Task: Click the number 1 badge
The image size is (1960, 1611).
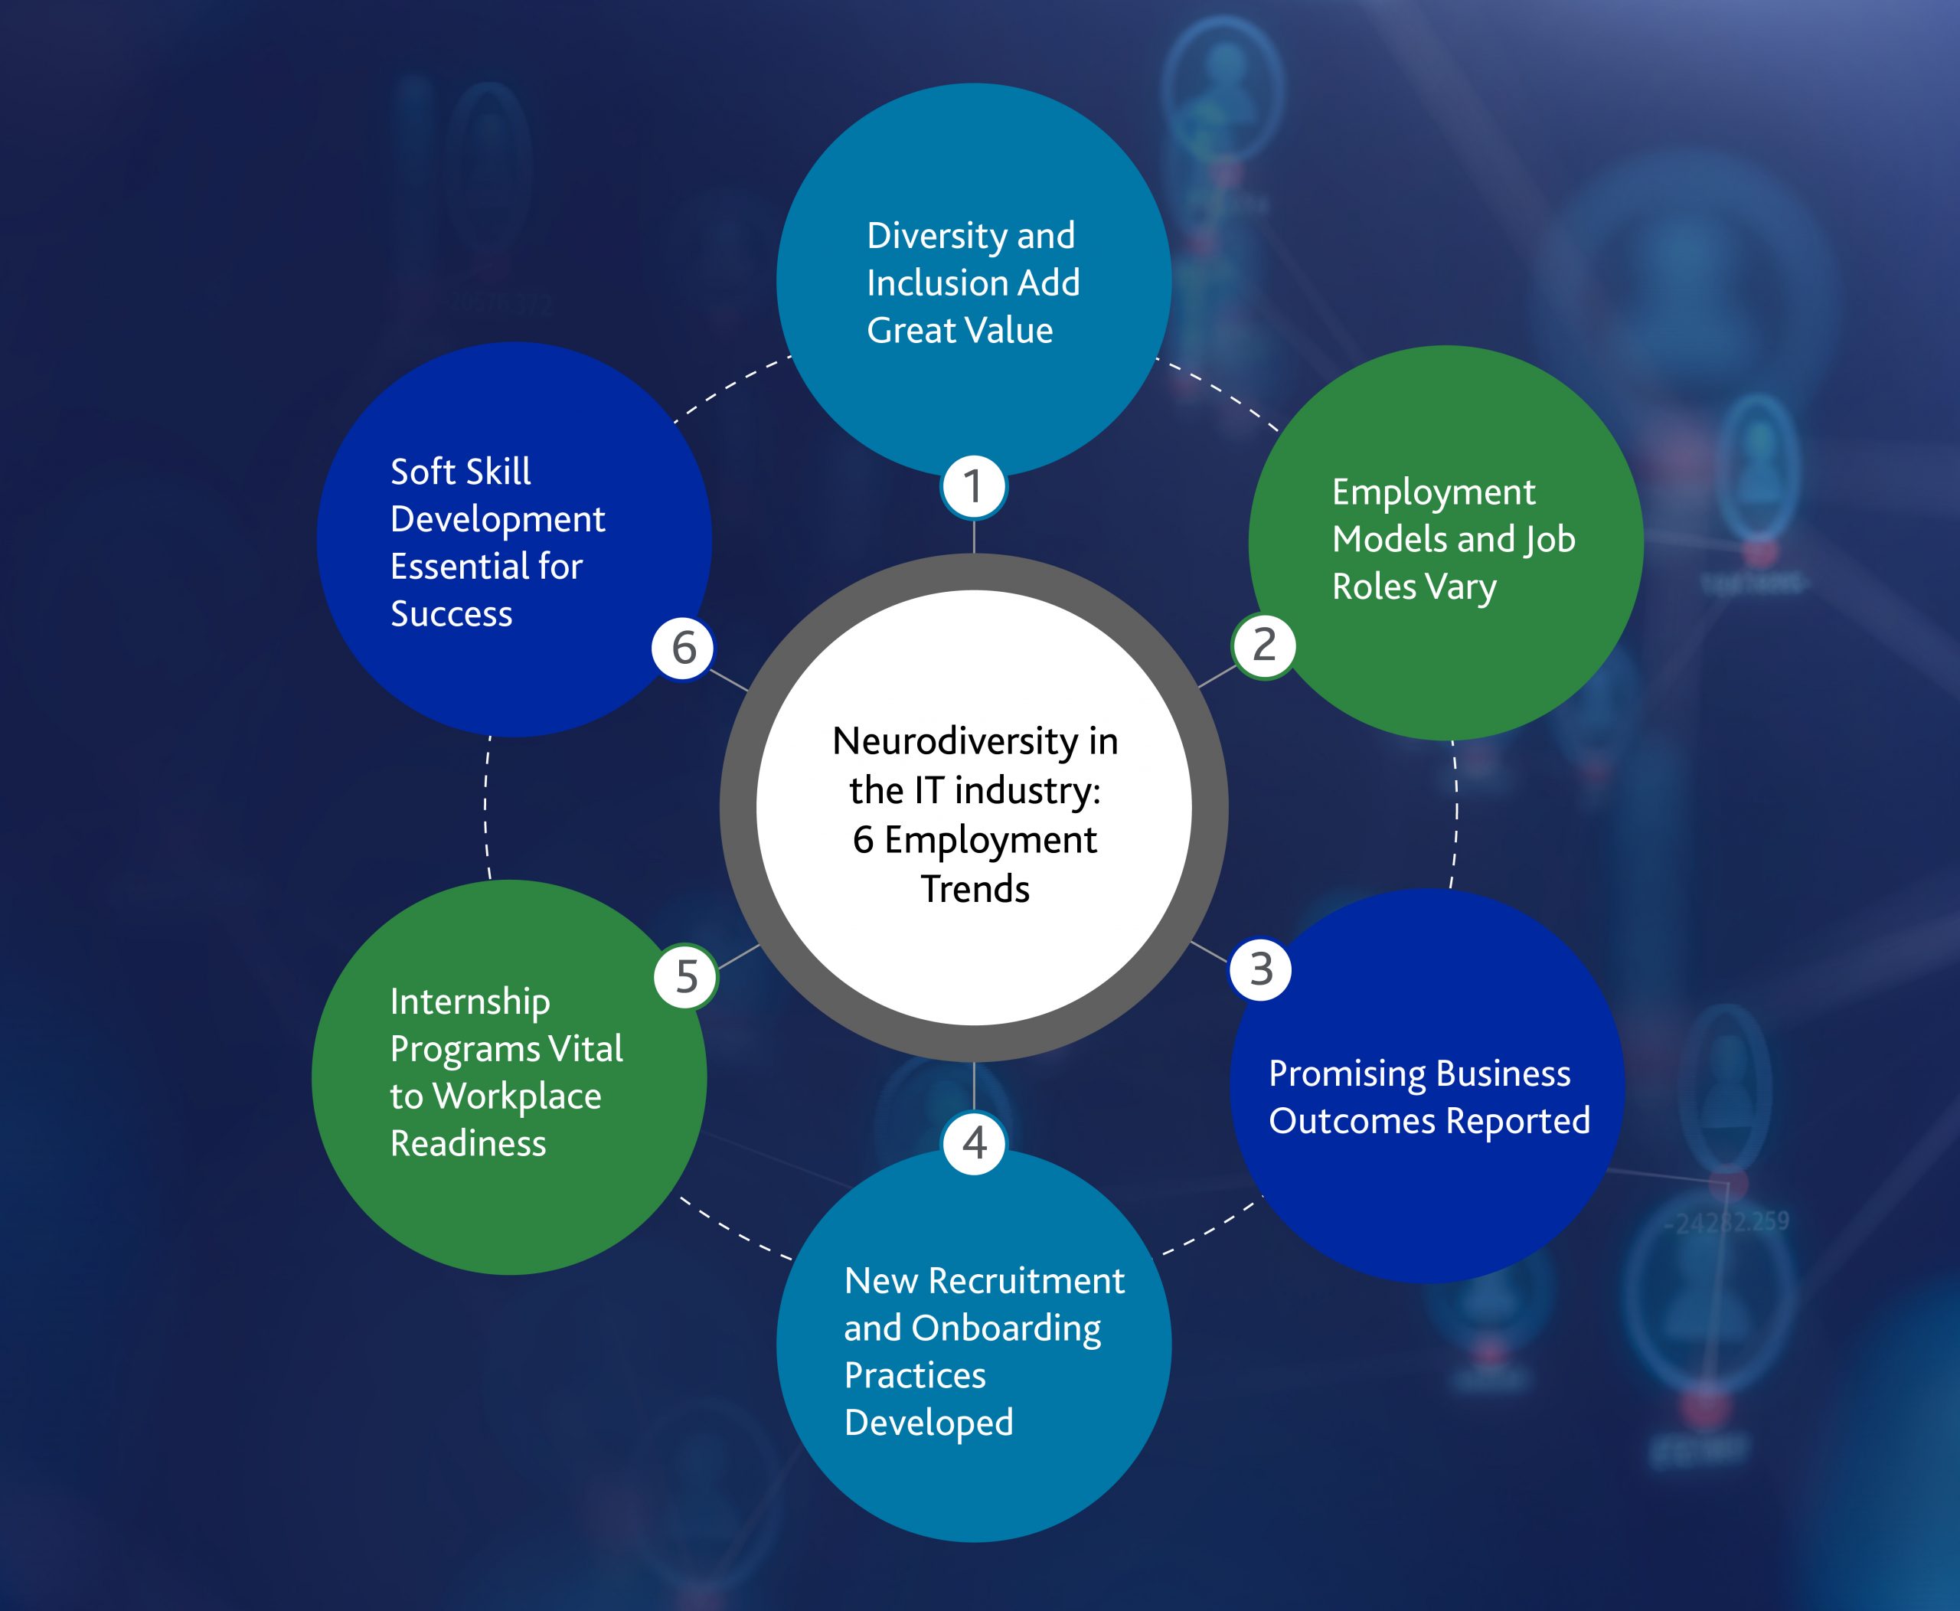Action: click(x=974, y=486)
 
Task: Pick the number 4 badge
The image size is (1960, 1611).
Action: click(x=974, y=1142)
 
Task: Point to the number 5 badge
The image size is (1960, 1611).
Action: click(x=686, y=976)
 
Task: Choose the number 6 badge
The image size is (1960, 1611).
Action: click(x=683, y=647)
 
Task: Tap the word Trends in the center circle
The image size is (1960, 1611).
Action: click(x=975, y=889)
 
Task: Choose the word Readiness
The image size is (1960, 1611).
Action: click(x=468, y=1143)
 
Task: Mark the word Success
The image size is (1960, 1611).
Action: click(x=451, y=614)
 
